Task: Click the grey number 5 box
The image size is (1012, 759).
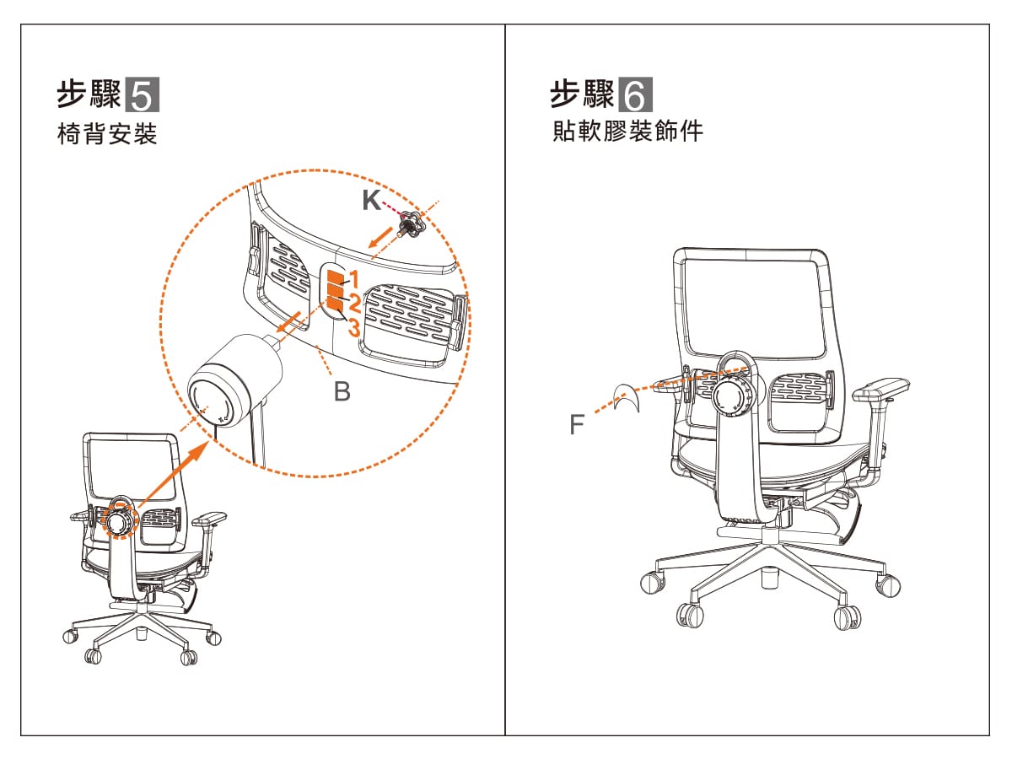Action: point(143,94)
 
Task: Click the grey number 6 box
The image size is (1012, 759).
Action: point(635,94)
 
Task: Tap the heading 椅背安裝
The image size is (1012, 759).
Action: point(107,133)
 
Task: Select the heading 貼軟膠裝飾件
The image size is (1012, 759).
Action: point(627,131)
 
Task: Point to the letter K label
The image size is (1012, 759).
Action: point(372,200)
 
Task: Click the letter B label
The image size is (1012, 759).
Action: point(342,391)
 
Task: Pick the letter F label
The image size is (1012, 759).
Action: point(577,424)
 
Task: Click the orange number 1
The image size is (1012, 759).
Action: point(354,279)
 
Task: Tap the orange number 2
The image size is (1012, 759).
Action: point(354,303)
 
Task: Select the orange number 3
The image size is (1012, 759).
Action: point(353,327)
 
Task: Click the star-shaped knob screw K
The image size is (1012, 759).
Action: point(412,224)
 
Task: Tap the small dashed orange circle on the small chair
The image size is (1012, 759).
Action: point(119,520)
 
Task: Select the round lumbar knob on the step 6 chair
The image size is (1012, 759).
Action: point(732,395)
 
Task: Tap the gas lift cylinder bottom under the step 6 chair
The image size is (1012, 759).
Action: point(770,579)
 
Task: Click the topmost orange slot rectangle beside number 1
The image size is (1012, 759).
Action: point(335,277)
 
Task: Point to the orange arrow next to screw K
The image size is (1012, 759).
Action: point(381,237)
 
